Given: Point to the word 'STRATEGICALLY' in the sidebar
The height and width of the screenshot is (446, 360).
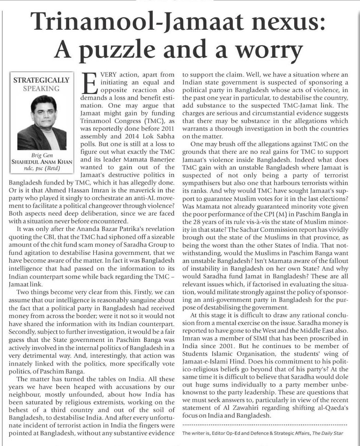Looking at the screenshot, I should click(41, 80).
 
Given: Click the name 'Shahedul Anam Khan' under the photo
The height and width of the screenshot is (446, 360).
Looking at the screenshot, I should click(42, 162).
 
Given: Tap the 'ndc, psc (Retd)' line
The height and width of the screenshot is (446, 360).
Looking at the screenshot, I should click(42, 168).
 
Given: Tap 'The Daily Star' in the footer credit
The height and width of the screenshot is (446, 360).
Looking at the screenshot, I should click(328, 433).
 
